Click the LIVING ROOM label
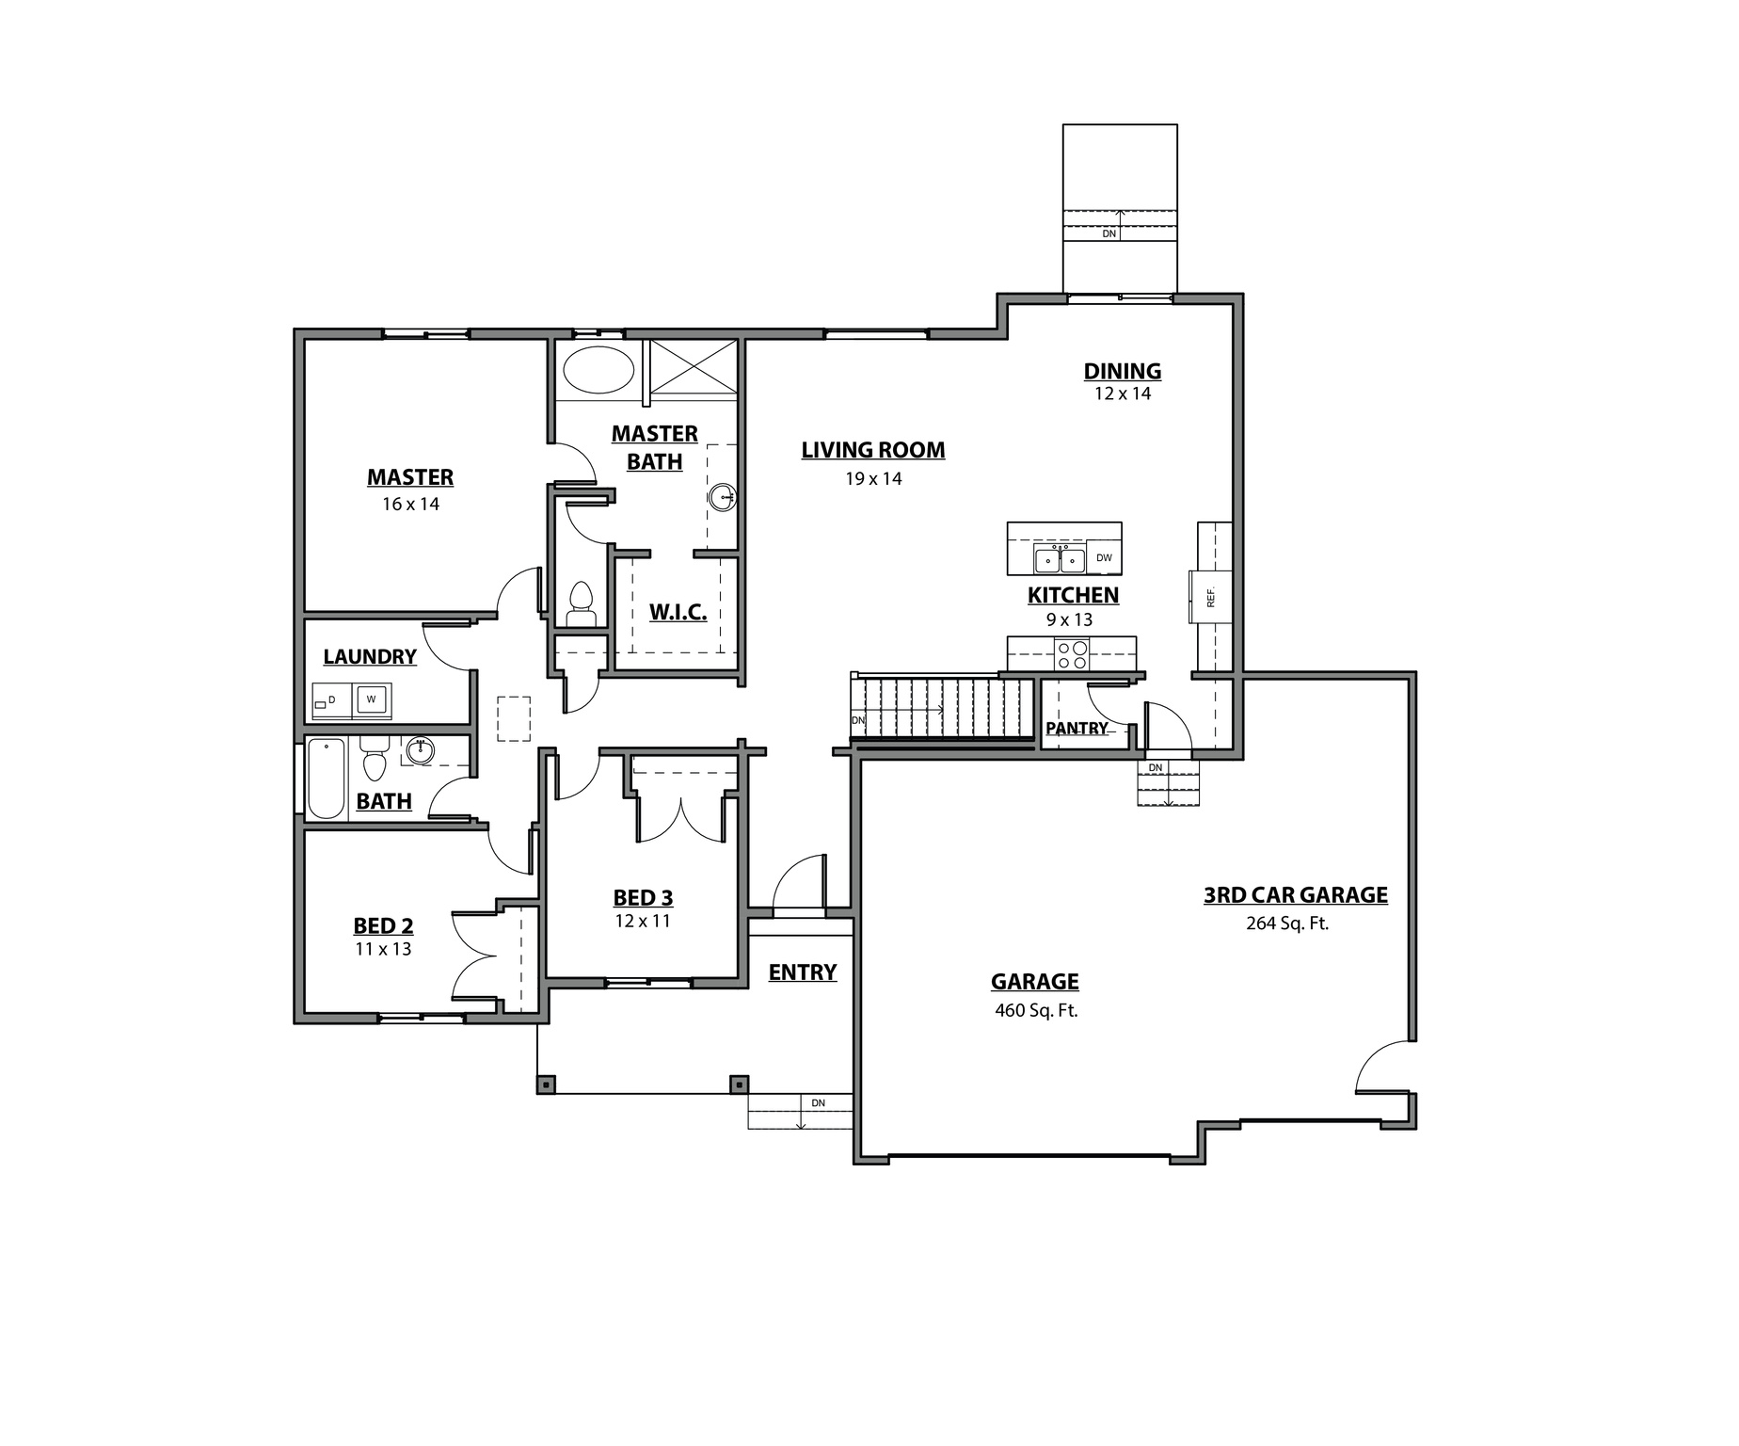point(872,450)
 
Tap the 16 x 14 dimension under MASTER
point(410,504)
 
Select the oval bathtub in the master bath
point(598,370)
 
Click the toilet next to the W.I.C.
point(581,603)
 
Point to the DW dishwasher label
point(1104,558)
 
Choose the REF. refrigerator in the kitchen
point(1210,597)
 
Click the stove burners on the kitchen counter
point(1072,653)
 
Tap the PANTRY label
point(1077,728)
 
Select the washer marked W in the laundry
point(373,699)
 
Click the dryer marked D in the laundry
point(331,701)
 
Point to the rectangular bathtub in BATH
point(327,779)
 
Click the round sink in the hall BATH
point(420,750)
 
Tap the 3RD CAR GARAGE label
point(1295,895)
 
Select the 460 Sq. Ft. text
point(1035,1011)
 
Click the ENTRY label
point(802,972)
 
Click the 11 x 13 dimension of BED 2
point(383,949)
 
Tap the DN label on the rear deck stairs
point(1109,233)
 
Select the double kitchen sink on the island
point(1060,559)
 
